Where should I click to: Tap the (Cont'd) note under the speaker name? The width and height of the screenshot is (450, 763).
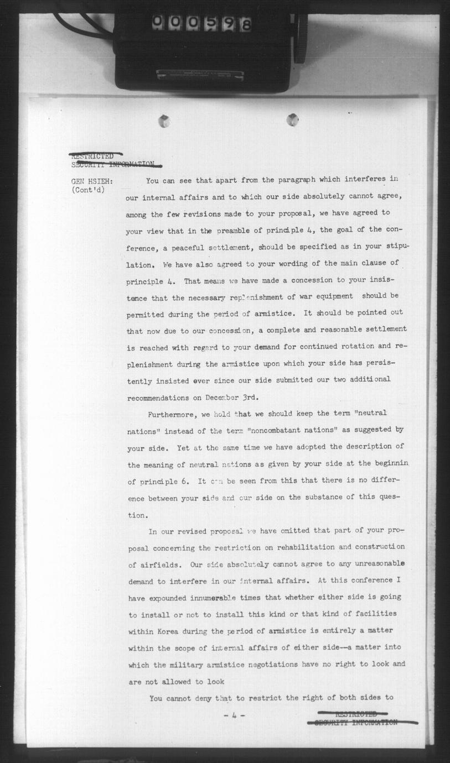[x=89, y=191]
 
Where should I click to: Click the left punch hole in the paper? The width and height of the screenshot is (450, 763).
[x=164, y=121]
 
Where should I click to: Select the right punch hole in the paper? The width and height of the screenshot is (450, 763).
[x=293, y=119]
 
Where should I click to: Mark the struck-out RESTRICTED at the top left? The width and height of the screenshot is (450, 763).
[x=92, y=156]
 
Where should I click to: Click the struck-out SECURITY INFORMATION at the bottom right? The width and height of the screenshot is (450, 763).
[x=356, y=722]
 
